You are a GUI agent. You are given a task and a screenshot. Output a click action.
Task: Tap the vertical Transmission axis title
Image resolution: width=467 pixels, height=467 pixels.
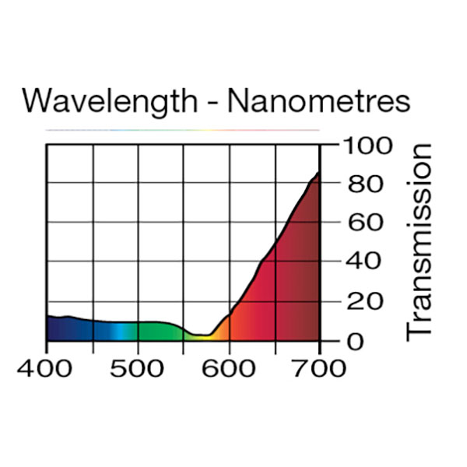[419, 241]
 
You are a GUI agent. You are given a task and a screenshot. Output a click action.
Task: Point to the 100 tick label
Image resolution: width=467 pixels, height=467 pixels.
[362, 146]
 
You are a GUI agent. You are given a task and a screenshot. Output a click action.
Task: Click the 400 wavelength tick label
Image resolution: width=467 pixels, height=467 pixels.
[47, 367]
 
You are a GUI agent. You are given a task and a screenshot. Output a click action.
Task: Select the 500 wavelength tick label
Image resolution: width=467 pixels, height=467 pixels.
[138, 367]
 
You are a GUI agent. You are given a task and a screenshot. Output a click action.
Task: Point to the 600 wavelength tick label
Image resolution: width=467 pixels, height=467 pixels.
[229, 367]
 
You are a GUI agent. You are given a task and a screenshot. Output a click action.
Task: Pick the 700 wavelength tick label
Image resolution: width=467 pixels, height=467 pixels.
[319, 367]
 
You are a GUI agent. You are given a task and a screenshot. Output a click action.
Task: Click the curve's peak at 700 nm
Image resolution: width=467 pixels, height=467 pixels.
[318, 173]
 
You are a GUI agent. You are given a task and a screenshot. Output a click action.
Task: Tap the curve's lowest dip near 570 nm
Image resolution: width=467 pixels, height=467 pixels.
[202, 335]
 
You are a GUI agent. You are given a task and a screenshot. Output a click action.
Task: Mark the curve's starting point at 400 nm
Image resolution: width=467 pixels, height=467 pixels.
[47, 316]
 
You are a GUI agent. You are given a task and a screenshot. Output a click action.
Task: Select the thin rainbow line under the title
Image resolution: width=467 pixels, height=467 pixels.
[183, 129]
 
